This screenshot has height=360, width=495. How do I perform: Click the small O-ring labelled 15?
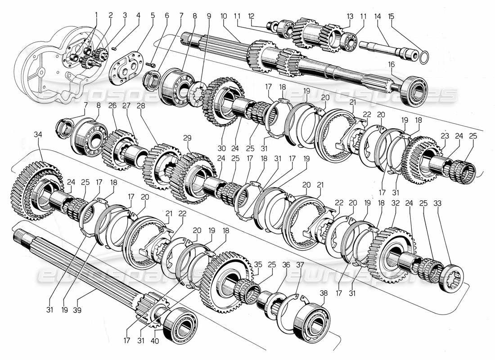pos(423,57)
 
